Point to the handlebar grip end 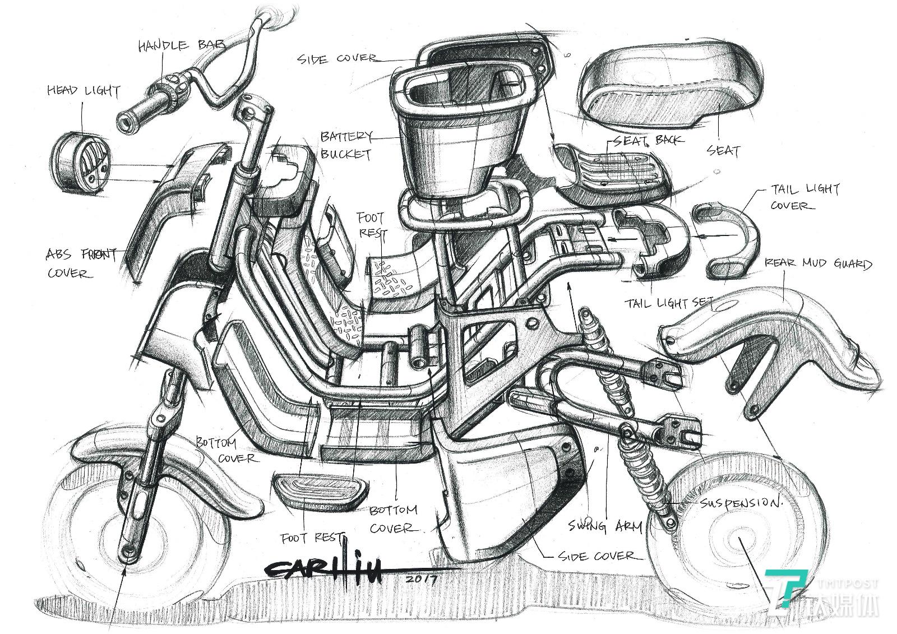(x=124, y=120)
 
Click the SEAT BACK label (x=648, y=140)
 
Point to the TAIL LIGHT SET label (x=667, y=303)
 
